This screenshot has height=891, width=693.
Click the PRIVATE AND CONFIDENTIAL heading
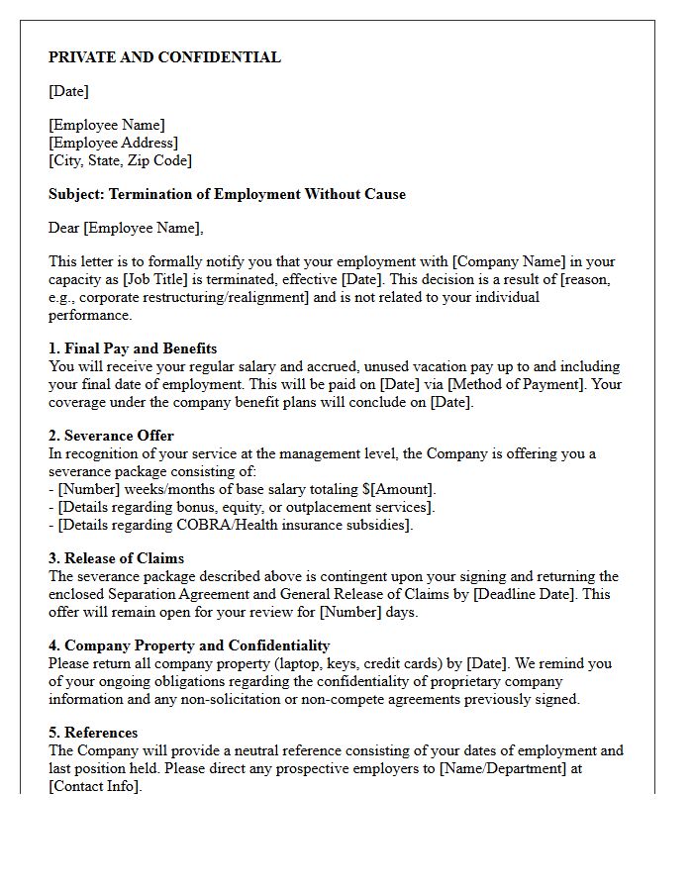[x=164, y=57]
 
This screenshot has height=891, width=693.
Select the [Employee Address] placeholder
[x=113, y=143]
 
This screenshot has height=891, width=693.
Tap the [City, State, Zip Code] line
[x=120, y=160]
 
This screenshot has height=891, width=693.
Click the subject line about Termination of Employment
[x=227, y=194]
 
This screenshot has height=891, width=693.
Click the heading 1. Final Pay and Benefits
[x=133, y=348]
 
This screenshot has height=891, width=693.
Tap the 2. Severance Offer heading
[x=111, y=436]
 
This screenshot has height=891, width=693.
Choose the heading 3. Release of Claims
[x=116, y=558]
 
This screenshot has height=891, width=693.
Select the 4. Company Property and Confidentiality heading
[x=189, y=645]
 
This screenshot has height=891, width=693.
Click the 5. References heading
[x=93, y=733]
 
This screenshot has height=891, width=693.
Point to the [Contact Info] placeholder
[x=94, y=786]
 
